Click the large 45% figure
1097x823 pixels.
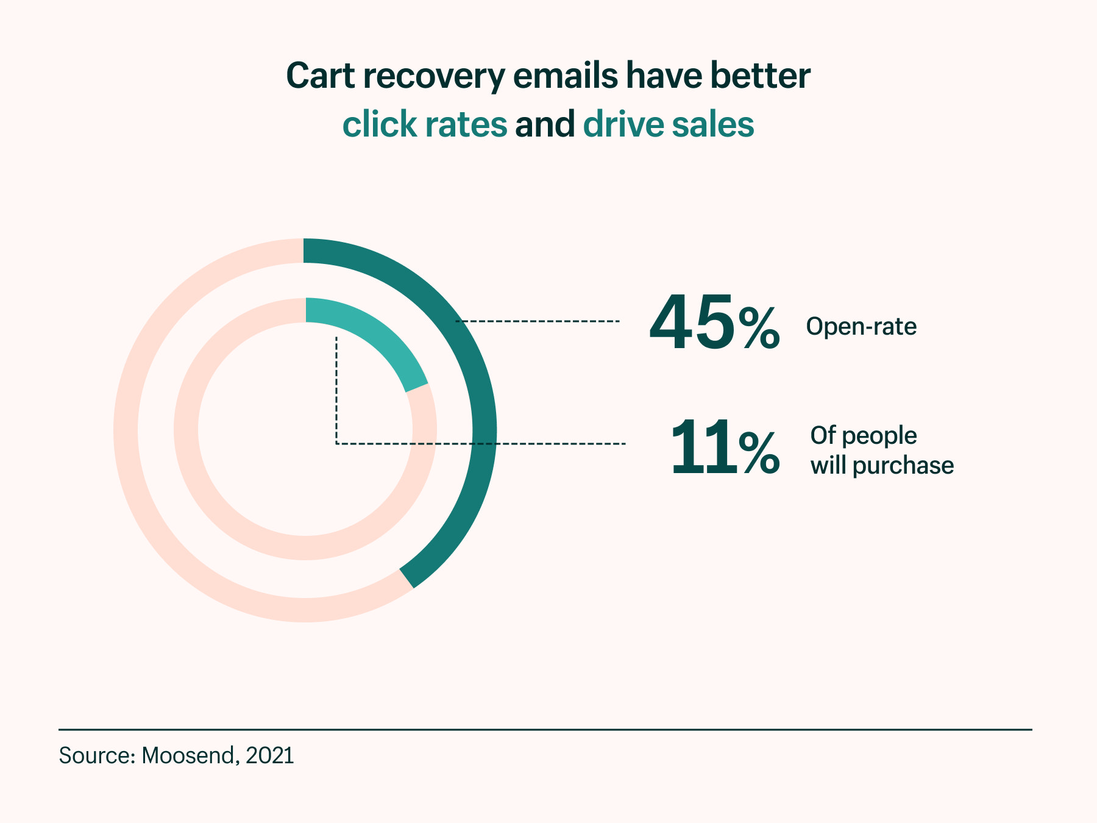point(713,323)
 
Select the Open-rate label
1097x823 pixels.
point(861,327)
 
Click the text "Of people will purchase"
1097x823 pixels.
point(881,451)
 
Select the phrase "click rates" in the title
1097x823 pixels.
point(424,124)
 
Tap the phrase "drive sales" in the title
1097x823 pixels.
point(669,124)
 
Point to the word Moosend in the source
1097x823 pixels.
point(188,755)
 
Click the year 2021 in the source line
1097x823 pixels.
point(269,755)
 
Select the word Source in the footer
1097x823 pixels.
point(94,755)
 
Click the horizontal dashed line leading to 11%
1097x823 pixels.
point(548,444)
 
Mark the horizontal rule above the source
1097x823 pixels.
point(545,729)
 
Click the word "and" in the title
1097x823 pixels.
point(545,124)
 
